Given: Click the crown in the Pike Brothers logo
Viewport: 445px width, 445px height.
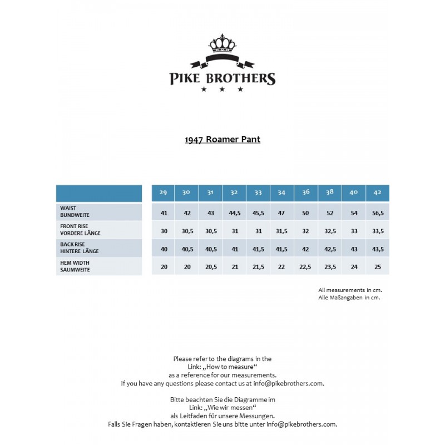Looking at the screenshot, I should pyautogui.click(x=222, y=43).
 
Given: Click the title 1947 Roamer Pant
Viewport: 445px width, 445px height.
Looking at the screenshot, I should pyautogui.click(x=222, y=139).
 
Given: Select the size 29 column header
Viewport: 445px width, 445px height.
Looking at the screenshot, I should pyautogui.click(x=164, y=192).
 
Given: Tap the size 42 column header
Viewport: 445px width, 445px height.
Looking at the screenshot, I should pyautogui.click(x=378, y=192).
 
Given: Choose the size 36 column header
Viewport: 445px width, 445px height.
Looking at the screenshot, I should pyautogui.click(x=306, y=192).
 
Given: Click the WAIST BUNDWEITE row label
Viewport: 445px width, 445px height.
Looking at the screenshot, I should pyautogui.click(x=76, y=211).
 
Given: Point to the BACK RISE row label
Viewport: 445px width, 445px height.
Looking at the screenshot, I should pyautogui.click(x=80, y=248).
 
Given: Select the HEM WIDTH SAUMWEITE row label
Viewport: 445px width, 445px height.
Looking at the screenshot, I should pyautogui.click(x=76, y=266).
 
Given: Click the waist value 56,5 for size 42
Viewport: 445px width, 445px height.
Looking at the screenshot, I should pyautogui.click(x=378, y=212).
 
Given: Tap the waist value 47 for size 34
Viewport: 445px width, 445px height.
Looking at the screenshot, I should pyautogui.click(x=282, y=212).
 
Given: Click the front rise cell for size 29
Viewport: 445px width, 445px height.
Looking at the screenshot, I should pyautogui.click(x=164, y=231).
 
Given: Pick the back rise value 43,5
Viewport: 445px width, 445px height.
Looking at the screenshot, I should pyautogui.click(x=378, y=249).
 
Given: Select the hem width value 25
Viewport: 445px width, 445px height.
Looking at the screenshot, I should pyautogui.click(x=378, y=267).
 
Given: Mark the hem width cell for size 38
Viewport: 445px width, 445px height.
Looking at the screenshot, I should pyautogui.click(x=330, y=267).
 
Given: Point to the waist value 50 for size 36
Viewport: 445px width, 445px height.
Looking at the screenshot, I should pyautogui.click(x=306, y=212).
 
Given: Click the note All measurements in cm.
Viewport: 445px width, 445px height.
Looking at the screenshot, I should pyautogui.click(x=350, y=290).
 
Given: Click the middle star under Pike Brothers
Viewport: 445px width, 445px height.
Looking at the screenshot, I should pyautogui.click(x=222, y=89).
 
